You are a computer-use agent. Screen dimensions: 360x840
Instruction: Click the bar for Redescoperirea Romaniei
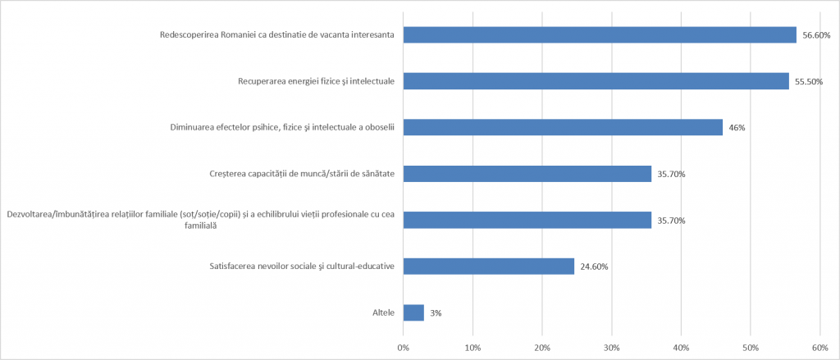click(x=599, y=34)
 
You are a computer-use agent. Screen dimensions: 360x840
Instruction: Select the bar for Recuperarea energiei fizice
click(x=596, y=81)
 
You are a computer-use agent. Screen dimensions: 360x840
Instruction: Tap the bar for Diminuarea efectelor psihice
click(x=563, y=127)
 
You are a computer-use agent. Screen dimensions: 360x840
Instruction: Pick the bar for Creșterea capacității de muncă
click(x=527, y=174)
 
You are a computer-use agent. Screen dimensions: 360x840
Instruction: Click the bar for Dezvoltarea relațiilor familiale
click(x=527, y=220)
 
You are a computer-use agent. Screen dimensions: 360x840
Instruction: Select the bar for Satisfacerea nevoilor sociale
click(x=488, y=266)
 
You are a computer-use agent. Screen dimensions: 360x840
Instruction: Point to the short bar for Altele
click(x=413, y=312)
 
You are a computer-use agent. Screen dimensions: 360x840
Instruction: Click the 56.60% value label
click(x=816, y=35)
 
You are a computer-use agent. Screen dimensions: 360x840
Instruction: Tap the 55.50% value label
click(x=809, y=81)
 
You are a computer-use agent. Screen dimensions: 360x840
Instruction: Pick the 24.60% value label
click(x=594, y=267)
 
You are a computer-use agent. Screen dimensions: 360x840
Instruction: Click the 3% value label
click(x=437, y=313)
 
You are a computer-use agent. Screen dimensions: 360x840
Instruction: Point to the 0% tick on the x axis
click(x=403, y=348)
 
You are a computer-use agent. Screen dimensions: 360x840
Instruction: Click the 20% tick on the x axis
click(x=542, y=348)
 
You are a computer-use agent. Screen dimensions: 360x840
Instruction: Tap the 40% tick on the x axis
click(x=681, y=348)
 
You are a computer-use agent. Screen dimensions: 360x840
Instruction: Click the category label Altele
click(x=383, y=313)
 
